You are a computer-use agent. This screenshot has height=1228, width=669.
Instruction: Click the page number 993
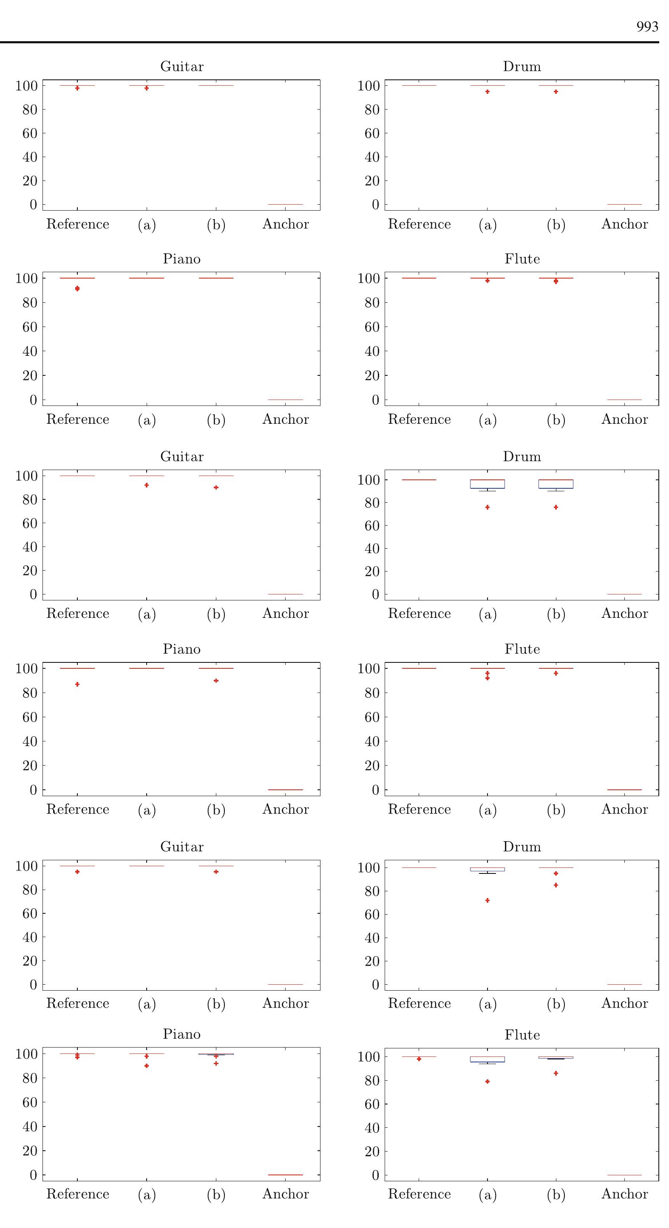[x=647, y=27]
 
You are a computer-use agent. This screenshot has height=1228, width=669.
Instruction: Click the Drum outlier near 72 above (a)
[x=487, y=901]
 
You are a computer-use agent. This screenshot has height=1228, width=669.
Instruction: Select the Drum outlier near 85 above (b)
[x=556, y=885]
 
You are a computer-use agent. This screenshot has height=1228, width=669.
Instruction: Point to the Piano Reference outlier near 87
[x=77, y=684]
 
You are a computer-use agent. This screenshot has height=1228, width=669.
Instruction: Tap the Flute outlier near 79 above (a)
[x=487, y=1082]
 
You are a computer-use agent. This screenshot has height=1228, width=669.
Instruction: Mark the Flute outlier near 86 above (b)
[x=556, y=1073]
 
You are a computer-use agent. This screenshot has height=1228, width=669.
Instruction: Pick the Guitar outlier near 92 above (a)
[x=147, y=485]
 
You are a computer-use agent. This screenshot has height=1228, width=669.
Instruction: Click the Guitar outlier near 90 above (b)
[x=216, y=487]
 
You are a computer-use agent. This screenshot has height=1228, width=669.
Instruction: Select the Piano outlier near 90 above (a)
[x=147, y=1066]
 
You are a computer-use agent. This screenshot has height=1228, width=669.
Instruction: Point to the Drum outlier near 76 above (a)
[x=487, y=507]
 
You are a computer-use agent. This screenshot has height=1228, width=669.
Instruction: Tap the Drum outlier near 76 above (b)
[x=556, y=507]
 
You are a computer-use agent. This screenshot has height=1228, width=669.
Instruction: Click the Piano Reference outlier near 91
[x=77, y=288]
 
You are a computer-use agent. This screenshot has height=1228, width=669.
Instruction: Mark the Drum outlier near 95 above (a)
[x=487, y=92]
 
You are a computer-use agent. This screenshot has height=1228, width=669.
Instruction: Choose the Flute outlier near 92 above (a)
[x=487, y=678]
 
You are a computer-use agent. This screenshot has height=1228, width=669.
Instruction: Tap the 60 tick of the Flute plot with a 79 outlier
[x=372, y=1104]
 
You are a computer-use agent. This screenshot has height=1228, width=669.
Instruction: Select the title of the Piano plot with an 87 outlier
[x=181, y=649]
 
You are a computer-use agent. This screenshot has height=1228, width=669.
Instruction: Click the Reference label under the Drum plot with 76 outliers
[x=419, y=614]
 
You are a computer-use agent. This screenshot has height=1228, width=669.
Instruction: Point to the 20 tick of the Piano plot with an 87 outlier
[x=30, y=766]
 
